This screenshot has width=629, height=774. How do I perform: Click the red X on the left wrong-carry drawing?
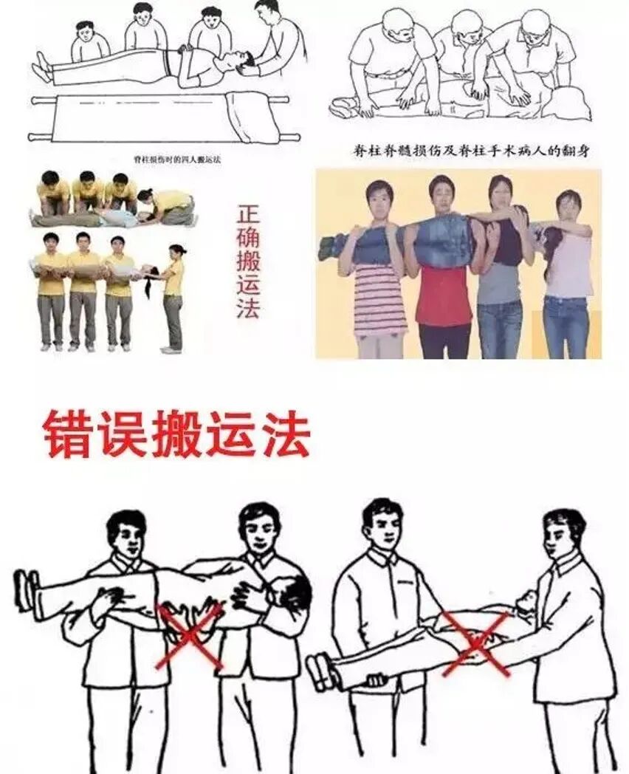188,636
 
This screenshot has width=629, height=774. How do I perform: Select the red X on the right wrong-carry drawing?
476,643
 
